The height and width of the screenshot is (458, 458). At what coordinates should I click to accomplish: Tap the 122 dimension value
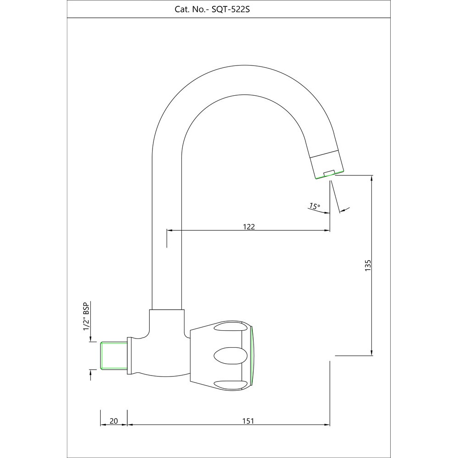coord(249,226)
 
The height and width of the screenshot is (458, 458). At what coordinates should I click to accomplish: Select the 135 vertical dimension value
coord(368,265)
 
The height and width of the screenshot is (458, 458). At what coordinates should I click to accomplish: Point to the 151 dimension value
coord(248,421)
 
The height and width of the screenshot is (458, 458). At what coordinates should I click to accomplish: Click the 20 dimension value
coord(114,421)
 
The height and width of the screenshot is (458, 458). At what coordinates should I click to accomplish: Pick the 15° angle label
coord(315,206)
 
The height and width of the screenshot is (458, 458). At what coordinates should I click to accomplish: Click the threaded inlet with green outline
coord(114,355)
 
